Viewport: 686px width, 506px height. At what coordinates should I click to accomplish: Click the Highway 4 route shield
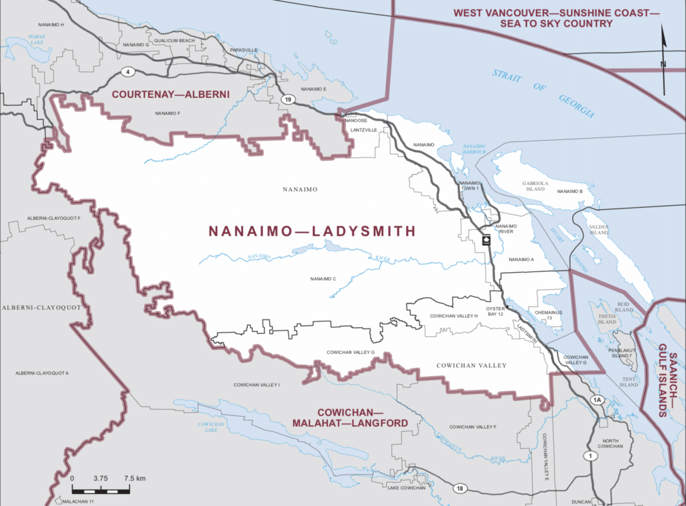125,71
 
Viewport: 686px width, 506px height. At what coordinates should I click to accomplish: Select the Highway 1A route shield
598,400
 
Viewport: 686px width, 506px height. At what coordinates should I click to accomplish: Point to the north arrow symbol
663,60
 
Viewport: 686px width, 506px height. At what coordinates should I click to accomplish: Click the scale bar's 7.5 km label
135,479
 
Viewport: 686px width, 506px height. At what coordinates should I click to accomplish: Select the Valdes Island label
598,231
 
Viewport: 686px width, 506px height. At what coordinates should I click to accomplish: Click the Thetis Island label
606,318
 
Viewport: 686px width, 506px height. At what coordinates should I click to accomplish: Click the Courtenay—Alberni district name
170,94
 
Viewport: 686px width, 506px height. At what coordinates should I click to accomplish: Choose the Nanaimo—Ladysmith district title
312,231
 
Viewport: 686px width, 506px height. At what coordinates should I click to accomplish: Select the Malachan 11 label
79,501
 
